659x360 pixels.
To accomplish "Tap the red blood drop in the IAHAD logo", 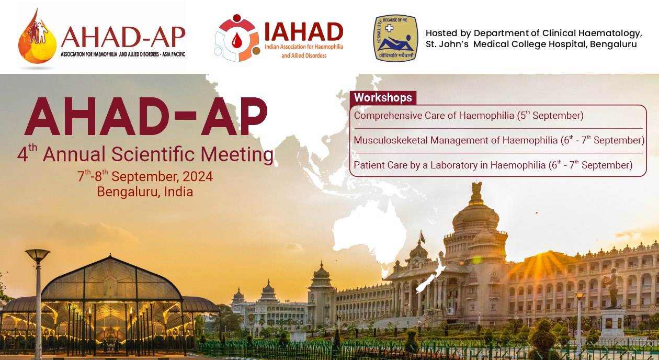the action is tap(236, 40).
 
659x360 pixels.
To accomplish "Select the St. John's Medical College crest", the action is tap(395, 38).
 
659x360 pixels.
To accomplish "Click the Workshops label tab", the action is tap(383, 98).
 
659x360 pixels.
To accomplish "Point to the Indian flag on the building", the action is tap(423, 237).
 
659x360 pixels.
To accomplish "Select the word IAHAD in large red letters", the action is tap(304, 31).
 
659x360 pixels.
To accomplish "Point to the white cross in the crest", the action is tap(389, 28).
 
